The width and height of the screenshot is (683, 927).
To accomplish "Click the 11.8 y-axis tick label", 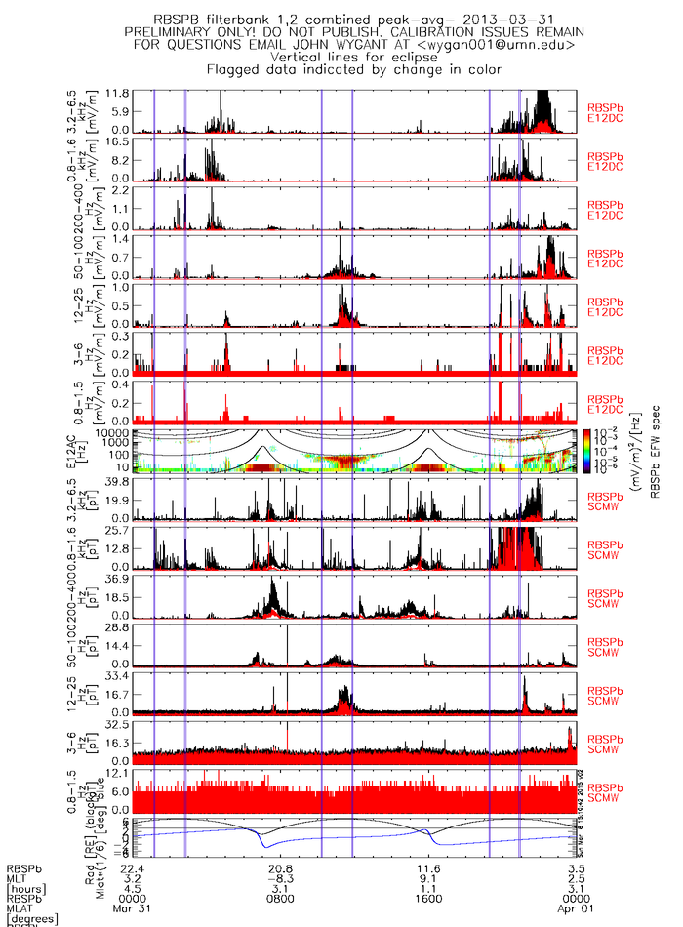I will pos(119,93).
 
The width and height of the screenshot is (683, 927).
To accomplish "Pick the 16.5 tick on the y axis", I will pos(119,141).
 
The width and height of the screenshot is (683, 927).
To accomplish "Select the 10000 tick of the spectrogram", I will pos(112,432).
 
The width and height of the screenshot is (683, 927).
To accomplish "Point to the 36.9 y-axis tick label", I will pos(119,579).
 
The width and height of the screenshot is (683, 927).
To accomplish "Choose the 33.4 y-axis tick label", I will pos(119,675).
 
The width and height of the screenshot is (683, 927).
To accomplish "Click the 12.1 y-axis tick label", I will pos(119,773).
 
